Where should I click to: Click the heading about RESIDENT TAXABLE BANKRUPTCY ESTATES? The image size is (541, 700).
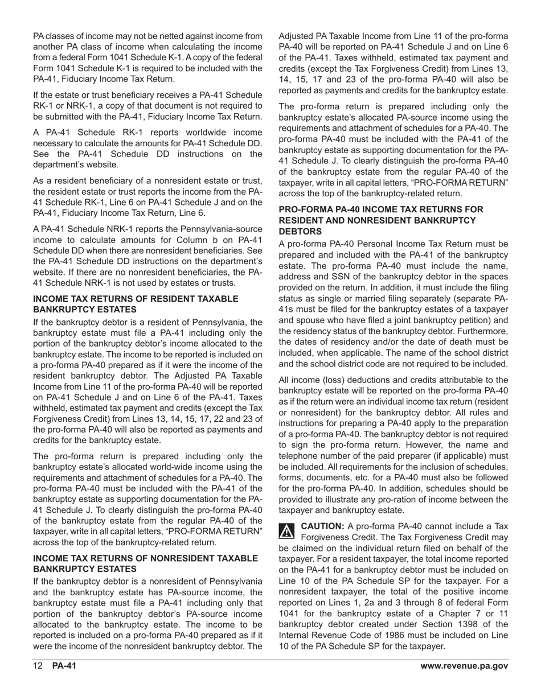click(x=136, y=304)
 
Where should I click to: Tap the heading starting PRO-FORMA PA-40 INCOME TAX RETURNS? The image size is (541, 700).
click(x=381, y=209)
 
